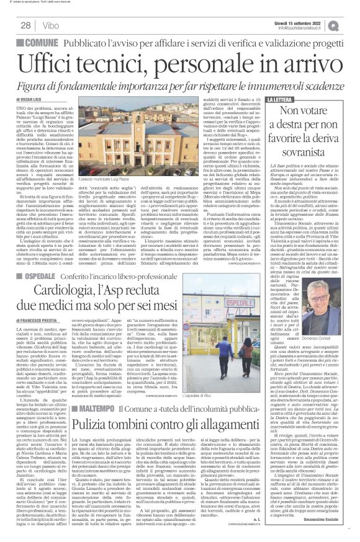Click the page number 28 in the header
coord(26,25)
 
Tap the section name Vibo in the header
coord(52,25)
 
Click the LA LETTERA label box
coord(281,99)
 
